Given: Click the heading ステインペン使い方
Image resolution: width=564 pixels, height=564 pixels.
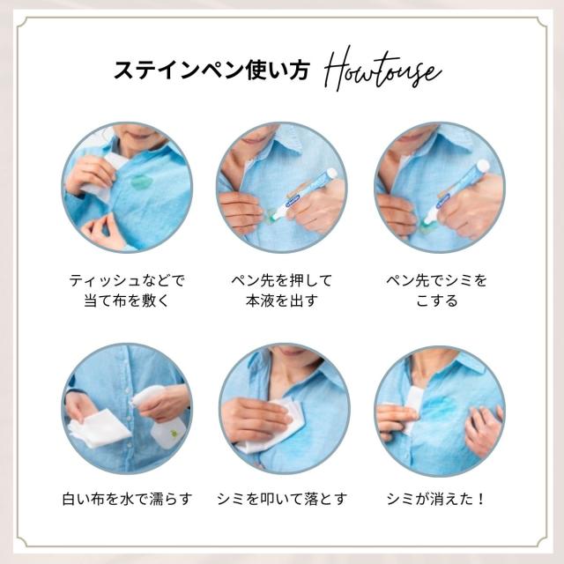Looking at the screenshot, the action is pos(211,70).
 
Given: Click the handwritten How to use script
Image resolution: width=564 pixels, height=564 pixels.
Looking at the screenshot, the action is pos(382,70).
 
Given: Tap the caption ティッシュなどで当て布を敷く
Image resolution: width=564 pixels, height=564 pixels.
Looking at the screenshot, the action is pos(127,290).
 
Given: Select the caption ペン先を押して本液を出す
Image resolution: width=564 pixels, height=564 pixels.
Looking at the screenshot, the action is pos(282,290).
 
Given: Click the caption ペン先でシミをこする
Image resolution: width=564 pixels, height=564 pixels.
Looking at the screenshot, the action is pos(437,290).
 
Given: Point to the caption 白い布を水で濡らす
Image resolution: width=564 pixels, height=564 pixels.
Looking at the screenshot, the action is pos(127,499).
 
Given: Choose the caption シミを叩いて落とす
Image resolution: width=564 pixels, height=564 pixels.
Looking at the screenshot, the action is pos(282,499).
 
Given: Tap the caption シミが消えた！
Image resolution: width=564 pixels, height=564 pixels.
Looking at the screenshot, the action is pos(436,499).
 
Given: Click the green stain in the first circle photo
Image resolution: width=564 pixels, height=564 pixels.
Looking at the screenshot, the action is pos(142,182).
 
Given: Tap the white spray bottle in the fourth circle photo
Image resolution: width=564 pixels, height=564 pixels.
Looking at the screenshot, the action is pos(160,417).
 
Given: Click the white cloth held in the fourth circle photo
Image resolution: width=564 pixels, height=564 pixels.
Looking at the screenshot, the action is pos(98,428).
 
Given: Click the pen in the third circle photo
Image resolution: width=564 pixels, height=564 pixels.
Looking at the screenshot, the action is pos(456,194).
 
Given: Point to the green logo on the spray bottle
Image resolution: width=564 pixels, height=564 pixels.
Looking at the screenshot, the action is pos(174,434).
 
